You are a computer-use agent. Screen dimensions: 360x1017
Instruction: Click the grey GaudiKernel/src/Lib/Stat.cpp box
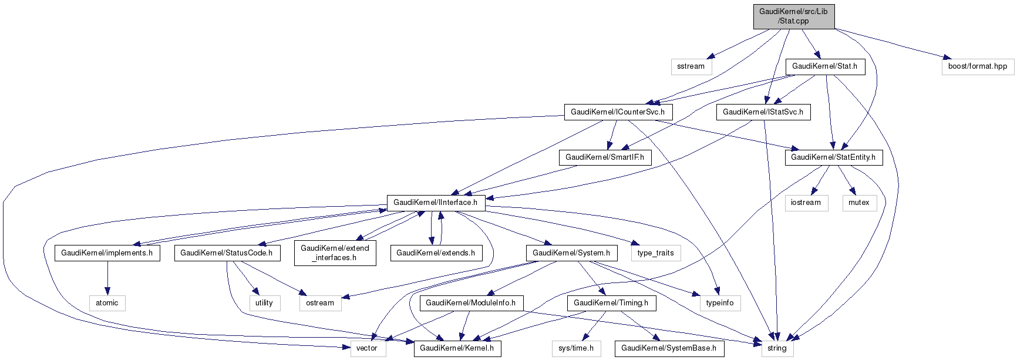pos(793,16)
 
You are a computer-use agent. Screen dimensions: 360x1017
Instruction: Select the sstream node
pos(691,66)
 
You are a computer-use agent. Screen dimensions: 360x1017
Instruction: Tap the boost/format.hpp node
pos(977,66)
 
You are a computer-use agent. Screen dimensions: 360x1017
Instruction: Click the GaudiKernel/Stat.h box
pos(824,66)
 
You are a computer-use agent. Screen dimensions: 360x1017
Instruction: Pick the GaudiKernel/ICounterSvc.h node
pos(617,112)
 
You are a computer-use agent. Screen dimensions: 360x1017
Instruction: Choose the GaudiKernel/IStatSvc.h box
pos(762,112)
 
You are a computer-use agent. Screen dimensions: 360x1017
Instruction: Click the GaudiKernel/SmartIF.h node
pos(604,157)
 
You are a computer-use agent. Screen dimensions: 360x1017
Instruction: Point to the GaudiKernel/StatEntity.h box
pos(833,157)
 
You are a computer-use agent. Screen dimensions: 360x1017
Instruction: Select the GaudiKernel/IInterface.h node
pos(435,203)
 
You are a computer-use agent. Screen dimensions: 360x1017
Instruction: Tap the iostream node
pos(806,203)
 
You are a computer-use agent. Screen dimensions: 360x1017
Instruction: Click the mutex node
pos(858,203)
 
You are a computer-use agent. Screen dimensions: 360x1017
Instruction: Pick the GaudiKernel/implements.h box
pos(107,253)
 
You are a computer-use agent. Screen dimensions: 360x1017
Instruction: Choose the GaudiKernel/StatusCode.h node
pos(226,253)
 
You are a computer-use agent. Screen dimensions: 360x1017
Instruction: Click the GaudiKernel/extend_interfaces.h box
pos(335,253)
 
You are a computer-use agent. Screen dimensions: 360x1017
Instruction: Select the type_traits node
pos(655,253)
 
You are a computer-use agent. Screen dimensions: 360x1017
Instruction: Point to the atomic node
pos(107,303)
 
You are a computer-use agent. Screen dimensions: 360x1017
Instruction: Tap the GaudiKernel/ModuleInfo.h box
pos(470,303)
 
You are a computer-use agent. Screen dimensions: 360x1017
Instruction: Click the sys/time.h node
pos(575,348)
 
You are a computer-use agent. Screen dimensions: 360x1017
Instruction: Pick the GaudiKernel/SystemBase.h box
pos(668,348)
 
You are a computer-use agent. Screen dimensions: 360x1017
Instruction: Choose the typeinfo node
pos(719,303)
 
